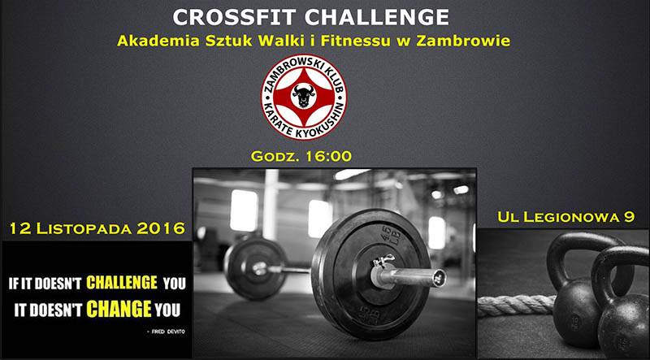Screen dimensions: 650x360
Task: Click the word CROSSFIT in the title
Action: pos(235,17)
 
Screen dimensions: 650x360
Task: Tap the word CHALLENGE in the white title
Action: pos(377,17)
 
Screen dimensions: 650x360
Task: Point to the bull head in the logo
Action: pos(303,96)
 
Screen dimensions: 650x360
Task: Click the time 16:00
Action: pos(328,156)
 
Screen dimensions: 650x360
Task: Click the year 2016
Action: pos(161,228)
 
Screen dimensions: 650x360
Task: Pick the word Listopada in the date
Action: pos(84,228)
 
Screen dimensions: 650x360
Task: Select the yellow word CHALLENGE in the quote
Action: pos(122,284)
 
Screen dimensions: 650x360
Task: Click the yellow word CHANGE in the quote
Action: pos(119,309)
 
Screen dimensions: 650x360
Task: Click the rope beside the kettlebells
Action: pos(517,306)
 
